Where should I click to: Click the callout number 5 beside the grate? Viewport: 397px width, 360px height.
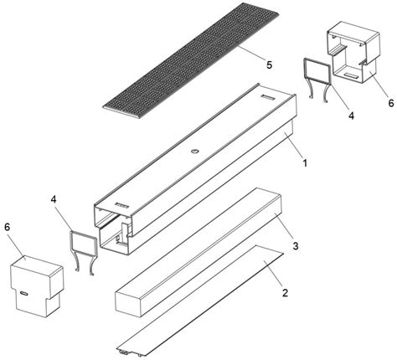point(269,65)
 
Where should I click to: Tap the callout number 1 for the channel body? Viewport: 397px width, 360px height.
point(305,162)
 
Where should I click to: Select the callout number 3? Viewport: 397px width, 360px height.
point(296,246)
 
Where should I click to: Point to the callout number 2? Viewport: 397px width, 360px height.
point(285,293)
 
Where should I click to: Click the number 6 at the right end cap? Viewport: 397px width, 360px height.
point(390,103)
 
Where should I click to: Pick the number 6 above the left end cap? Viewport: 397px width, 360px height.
point(8,227)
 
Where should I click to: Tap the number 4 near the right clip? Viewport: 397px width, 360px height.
point(351,116)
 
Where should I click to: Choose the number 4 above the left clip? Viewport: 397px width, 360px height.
point(54,199)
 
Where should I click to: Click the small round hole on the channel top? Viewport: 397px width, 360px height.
point(194,152)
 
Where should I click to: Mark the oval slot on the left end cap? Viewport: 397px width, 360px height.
point(24,293)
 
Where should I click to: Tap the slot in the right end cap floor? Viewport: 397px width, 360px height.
point(351,75)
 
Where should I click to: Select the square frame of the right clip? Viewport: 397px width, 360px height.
point(317,71)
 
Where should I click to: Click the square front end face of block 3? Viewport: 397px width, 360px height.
point(129,302)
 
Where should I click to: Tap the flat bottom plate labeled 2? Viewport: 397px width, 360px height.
point(200,298)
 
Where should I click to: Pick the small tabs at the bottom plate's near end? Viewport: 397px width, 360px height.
point(131,353)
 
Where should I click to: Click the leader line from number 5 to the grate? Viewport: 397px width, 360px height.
point(250,54)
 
